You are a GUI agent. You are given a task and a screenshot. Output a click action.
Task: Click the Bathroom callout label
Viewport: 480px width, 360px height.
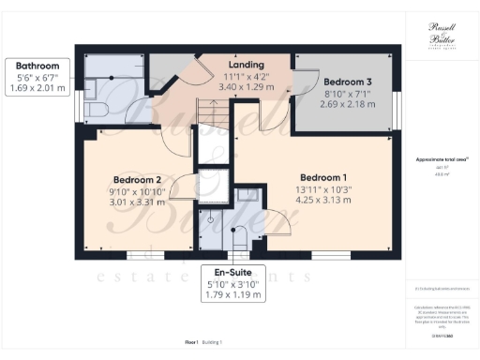click(x=37, y=66)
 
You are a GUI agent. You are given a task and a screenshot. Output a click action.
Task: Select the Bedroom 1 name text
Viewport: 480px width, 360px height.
click(x=323, y=177)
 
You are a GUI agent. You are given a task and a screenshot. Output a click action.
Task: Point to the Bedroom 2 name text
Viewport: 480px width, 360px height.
click(x=138, y=180)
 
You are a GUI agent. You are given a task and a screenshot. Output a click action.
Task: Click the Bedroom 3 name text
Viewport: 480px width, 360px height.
click(x=342, y=82)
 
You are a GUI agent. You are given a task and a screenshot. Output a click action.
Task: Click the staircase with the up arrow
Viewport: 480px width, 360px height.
click(x=211, y=119)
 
